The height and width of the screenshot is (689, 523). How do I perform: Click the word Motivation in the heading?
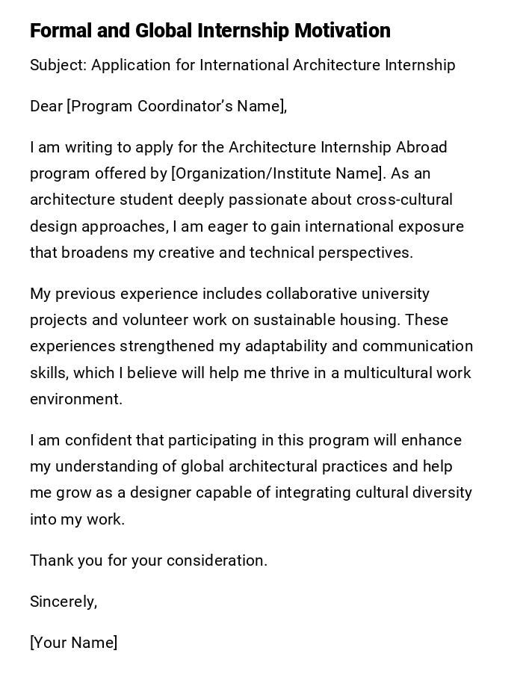342,31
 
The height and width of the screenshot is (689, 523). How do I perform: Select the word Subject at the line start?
58,66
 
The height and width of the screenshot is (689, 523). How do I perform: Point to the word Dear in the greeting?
46,106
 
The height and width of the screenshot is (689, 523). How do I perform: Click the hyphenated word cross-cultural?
404,200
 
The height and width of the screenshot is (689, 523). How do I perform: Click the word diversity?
440,492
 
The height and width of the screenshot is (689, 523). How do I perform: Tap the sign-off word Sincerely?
64,602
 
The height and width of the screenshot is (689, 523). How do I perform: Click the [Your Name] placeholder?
73,643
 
